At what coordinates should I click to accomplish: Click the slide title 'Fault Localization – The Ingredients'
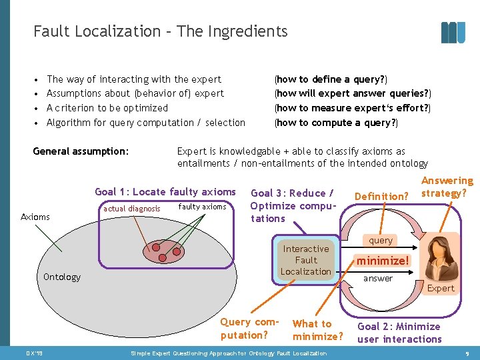coord(160,31)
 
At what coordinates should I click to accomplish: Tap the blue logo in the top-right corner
coord(453,32)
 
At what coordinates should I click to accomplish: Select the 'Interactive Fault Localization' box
coord(306,260)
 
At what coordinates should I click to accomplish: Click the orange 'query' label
coord(381,241)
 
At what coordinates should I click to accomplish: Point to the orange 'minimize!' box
coord(383,260)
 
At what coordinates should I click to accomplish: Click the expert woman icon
coord(441,257)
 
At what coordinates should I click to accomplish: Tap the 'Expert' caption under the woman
coord(441,288)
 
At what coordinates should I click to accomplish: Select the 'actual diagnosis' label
coord(132,209)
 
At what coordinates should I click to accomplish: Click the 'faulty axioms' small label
coord(203,207)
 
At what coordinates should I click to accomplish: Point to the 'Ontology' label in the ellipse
coord(62,277)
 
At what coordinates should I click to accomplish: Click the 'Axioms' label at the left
coord(35,217)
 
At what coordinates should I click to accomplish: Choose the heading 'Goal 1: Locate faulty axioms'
coord(165,192)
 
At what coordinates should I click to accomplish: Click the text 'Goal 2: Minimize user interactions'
coord(399,333)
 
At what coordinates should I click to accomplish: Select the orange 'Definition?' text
coord(381,196)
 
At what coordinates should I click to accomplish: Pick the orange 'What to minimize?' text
coord(318,329)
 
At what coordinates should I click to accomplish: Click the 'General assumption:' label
coord(81,151)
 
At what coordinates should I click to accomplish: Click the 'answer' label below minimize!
coord(378,279)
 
